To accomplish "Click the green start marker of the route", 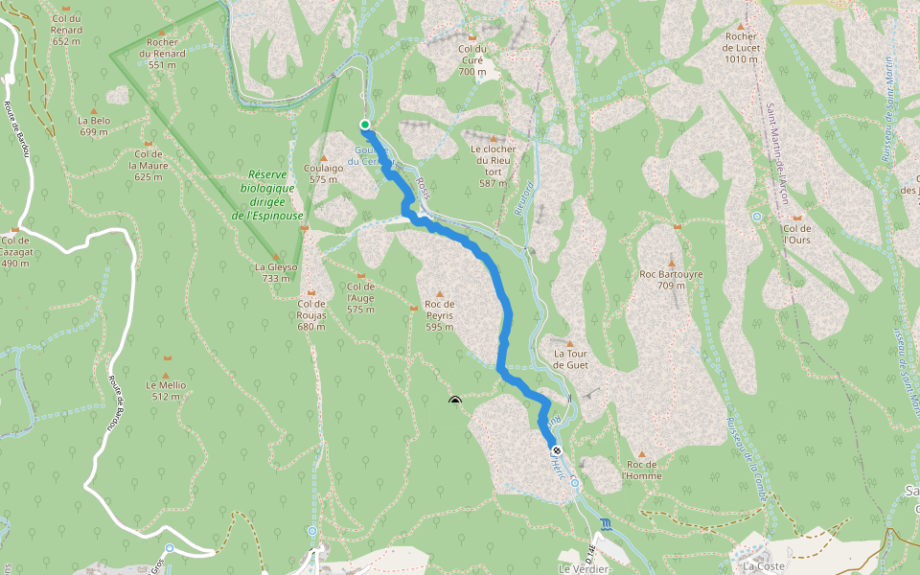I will (365, 125).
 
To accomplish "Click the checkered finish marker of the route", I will (556, 449).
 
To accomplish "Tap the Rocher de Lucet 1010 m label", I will (741, 47).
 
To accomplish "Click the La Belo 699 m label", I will (94, 126).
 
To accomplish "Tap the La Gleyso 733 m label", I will (276, 272).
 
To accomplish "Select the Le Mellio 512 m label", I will (166, 390).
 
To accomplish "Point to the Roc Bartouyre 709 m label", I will (671, 279).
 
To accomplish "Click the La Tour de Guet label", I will (570, 358).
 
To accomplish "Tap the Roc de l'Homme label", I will (641, 470).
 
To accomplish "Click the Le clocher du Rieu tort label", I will (494, 165).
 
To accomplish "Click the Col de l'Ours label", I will (797, 234).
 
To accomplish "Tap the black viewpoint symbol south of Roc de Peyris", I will (454, 402).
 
